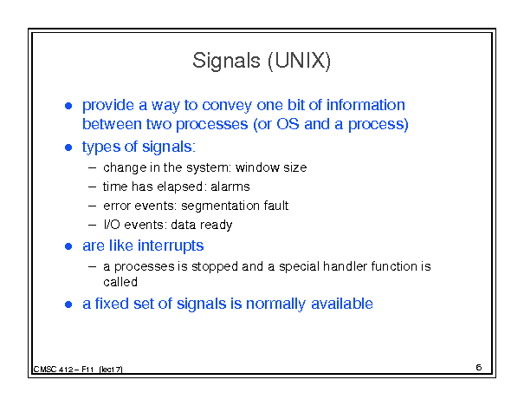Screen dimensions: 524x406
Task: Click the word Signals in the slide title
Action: coord(226,61)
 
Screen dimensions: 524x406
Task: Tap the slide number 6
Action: coord(479,367)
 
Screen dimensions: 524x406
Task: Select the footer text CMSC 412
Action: coord(53,370)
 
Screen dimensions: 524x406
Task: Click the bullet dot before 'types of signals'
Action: coord(68,147)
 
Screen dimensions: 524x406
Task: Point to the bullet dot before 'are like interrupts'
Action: coord(68,246)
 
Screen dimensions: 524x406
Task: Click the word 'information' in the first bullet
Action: coord(366,105)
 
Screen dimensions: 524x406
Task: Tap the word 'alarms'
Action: coord(230,187)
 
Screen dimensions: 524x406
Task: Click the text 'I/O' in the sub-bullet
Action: coord(111,225)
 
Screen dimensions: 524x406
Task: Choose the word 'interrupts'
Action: coord(171,246)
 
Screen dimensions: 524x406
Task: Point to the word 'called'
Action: coord(120,282)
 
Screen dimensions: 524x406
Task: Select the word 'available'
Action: coord(342,304)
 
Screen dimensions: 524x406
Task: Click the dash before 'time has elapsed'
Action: coord(92,187)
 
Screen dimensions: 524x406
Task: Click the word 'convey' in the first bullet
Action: coord(227,106)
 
